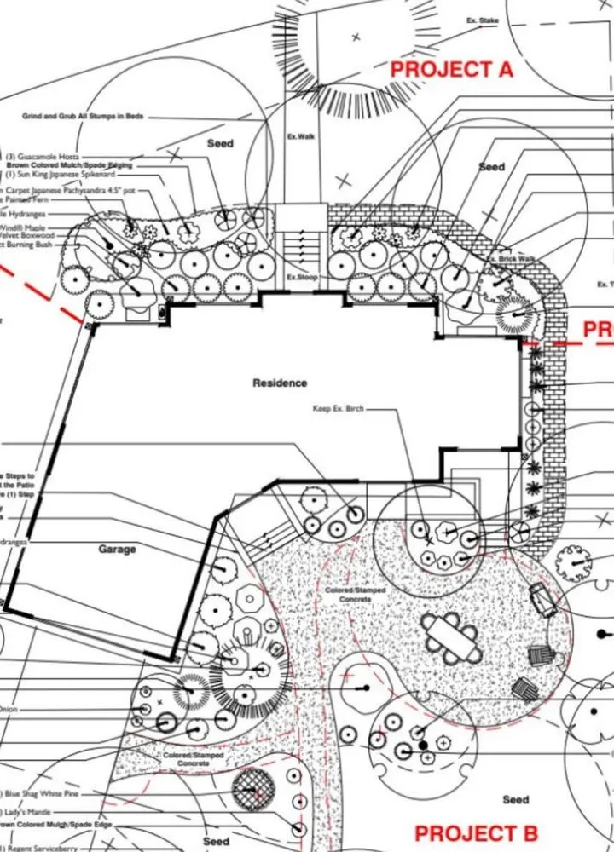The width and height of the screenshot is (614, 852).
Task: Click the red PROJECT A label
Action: pyautogui.click(x=451, y=69)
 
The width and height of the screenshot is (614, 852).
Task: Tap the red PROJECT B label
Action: pyautogui.click(x=476, y=832)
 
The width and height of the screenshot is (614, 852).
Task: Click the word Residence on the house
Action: pyautogui.click(x=280, y=383)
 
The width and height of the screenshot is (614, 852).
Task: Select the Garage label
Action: pyautogui.click(x=117, y=550)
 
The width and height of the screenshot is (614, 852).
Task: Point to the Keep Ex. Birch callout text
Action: pyautogui.click(x=339, y=409)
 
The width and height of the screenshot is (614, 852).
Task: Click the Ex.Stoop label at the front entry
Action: pyautogui.click(x=301, y=278)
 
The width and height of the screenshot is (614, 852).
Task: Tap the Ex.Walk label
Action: pyautogui.click(x=301, y=137)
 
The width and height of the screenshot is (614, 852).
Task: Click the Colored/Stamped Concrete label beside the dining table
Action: pyautogui.click(x=349, y=594)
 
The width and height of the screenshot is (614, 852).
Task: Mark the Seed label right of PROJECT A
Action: pyautogui.click(x=491, y=167)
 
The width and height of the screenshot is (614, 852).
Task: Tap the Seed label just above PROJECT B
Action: pyautogui.click(x=515, y=799)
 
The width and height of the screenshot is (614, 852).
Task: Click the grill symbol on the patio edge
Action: pyautogui.click(x=542, y=598)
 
